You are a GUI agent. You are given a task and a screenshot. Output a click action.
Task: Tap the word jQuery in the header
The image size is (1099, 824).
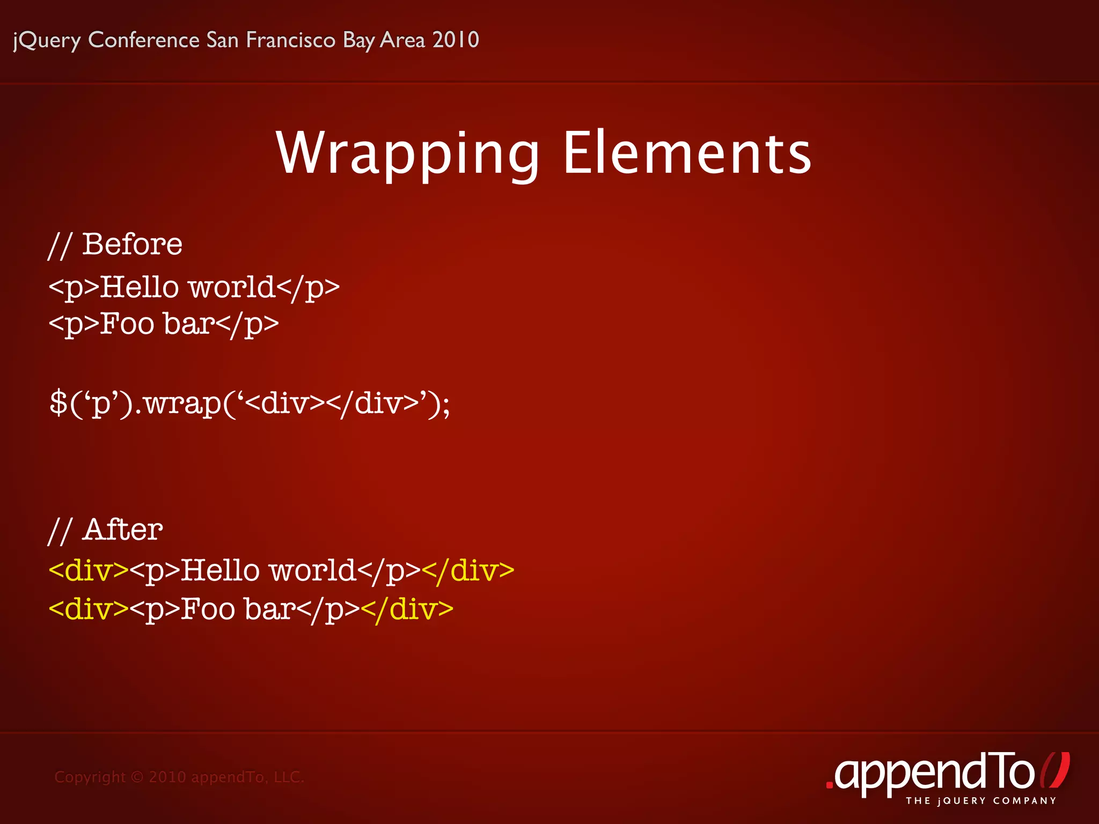[47, 40]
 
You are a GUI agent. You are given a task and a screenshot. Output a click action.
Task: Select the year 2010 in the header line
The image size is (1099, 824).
[456, 40]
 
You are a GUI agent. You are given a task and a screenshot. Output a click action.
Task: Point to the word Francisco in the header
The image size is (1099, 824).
[290, 40]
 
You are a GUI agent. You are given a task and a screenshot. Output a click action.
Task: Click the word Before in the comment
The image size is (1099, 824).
[132, 245]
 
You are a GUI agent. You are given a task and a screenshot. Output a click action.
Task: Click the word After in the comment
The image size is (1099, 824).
[123, 530]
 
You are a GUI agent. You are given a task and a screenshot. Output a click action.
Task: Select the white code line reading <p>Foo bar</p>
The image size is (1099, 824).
[164, 324]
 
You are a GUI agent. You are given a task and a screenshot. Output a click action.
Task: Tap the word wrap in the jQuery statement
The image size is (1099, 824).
[182, 403]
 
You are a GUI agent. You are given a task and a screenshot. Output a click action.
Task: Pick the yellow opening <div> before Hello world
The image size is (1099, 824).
[89, 570]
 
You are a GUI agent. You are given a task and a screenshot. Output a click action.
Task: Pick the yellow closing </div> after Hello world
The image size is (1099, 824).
[468, 570]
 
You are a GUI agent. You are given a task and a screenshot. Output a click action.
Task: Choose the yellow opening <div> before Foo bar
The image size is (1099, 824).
[89, 609]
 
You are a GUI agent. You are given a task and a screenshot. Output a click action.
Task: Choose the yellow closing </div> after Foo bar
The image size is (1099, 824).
[407, 609]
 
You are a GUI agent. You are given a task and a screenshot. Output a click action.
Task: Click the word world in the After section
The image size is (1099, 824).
[312, 570]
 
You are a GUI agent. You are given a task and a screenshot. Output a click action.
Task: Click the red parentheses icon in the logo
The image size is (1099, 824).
[1054, 770]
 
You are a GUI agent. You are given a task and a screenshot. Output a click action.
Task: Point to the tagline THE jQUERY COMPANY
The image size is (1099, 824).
[981, 801]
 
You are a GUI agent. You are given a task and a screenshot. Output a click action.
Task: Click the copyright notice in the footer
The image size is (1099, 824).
[179, 777]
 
